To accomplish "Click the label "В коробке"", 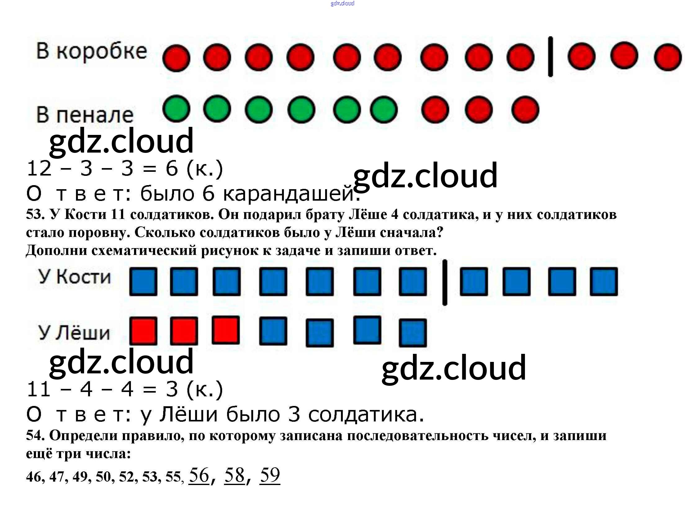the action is click(92, 51).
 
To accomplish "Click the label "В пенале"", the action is click(85, 115).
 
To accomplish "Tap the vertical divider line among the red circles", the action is click(550, 56).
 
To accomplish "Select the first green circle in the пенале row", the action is click(176, 109).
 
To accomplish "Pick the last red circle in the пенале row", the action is click(525, 110).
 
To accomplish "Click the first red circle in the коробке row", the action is click(176, 58).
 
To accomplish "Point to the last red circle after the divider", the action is click(668, 57).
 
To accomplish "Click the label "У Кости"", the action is click(74, 277).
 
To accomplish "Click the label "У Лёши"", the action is click(74, 332).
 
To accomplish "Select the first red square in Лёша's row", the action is click(143, 331).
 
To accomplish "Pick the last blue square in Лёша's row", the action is click(413, 333).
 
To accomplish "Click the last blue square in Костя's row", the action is click(604, 282).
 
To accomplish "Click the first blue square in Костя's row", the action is click(143, 281).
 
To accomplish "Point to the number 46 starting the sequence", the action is click(34, 477).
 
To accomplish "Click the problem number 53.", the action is click(34, 215).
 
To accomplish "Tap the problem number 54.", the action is click(34, 436).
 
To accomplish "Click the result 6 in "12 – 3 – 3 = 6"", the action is click(172, 169).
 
